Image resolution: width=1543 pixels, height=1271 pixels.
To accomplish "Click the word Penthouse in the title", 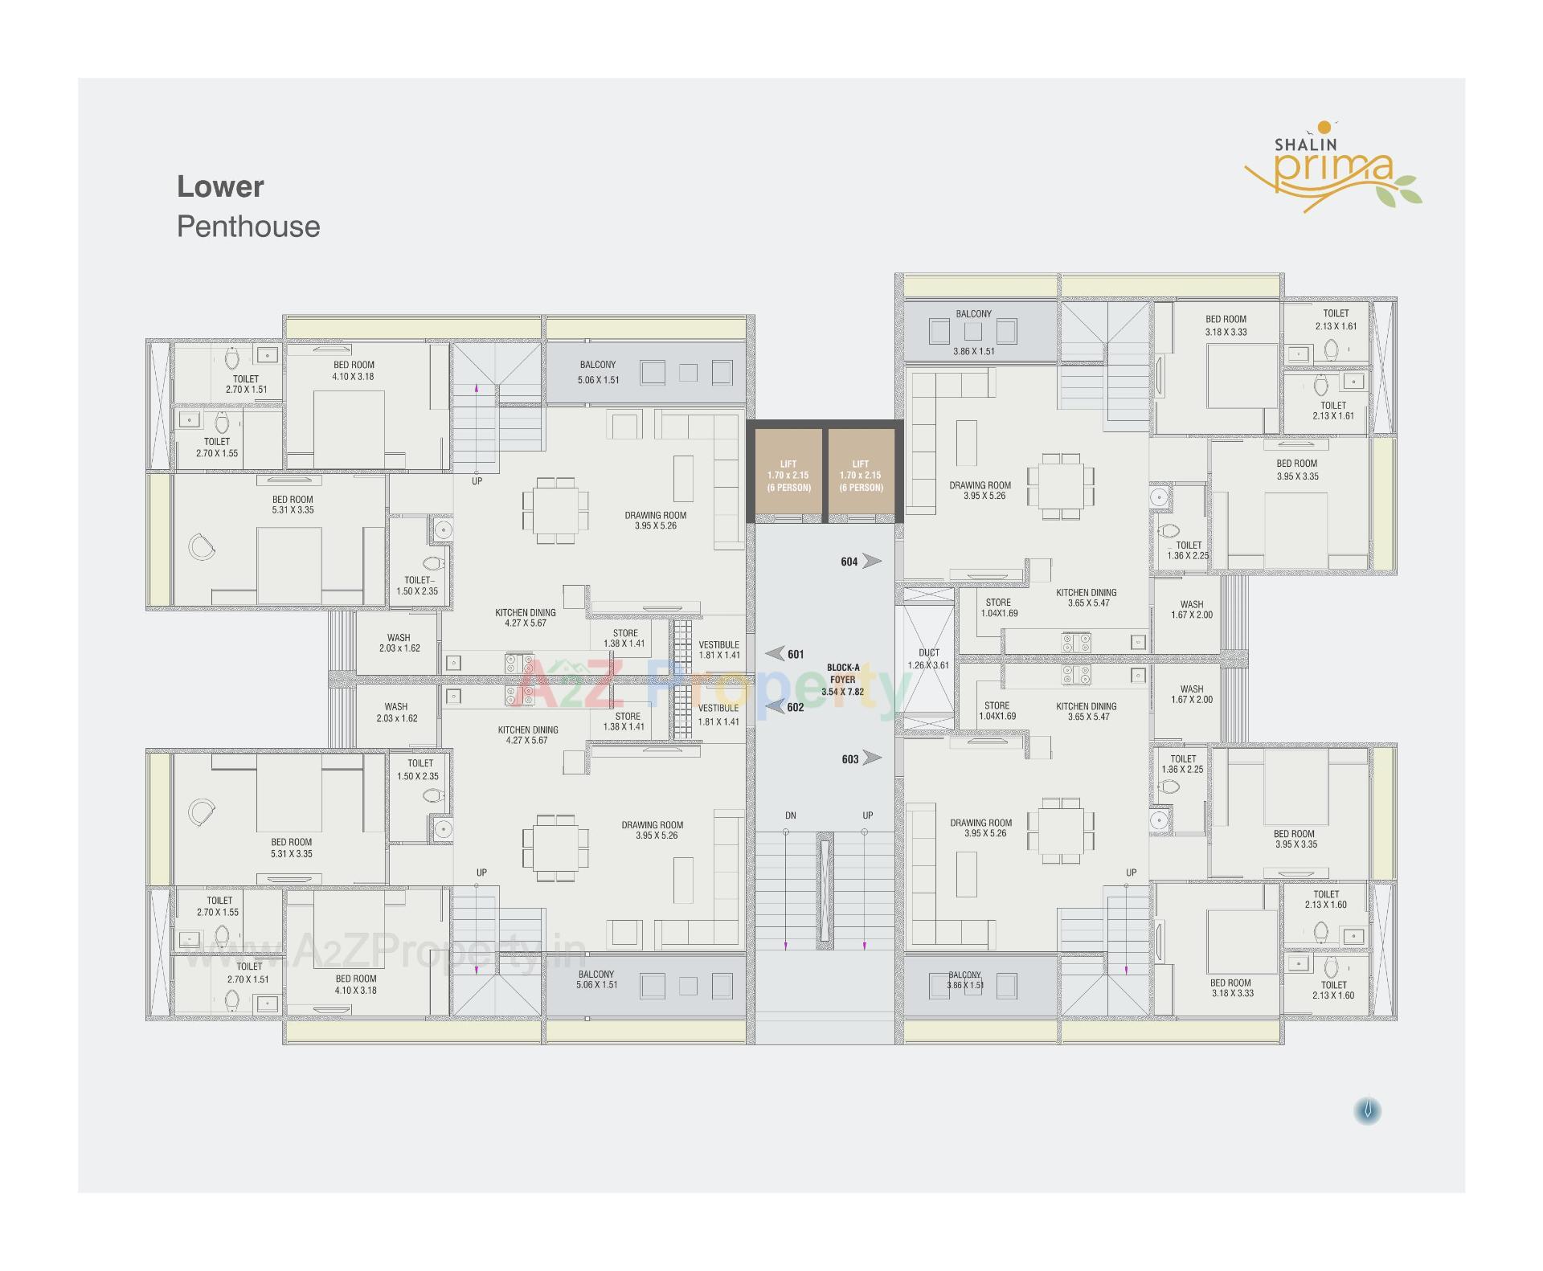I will coord(248,227).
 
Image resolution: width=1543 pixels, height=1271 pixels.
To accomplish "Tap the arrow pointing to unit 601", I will coord(775,653).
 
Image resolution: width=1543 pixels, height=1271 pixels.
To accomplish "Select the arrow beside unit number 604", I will coord(872,561).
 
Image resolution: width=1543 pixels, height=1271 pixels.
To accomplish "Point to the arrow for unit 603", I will coord(872,758).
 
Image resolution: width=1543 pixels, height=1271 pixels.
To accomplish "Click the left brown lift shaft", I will coord(788,474).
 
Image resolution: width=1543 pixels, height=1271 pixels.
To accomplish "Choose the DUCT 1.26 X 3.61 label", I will coord(928,659).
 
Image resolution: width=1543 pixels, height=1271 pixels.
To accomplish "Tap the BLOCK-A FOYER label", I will coord(842,679).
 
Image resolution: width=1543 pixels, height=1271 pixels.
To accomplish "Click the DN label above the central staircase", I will coord(790,815).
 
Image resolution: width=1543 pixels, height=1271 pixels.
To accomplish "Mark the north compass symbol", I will coord(1367,1111).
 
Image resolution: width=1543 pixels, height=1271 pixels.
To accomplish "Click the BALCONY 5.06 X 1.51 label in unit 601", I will coord(598,372).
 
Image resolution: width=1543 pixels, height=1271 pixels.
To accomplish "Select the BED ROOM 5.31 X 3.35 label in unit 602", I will coord(291,848).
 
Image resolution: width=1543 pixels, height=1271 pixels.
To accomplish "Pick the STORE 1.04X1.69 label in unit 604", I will coord(998,607).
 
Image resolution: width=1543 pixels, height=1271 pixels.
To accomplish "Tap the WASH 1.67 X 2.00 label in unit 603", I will coord(1191,694).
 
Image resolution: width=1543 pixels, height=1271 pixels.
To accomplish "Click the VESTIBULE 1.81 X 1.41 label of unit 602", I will coord(718,714).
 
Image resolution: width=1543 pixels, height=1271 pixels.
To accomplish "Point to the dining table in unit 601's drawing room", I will coord(555,511).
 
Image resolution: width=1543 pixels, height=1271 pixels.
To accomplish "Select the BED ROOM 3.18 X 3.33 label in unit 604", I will coord(1226,325).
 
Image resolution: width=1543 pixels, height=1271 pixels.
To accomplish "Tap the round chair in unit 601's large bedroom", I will coord(201,548).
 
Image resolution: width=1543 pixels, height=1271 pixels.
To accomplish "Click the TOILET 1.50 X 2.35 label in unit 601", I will coord(417,585).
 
